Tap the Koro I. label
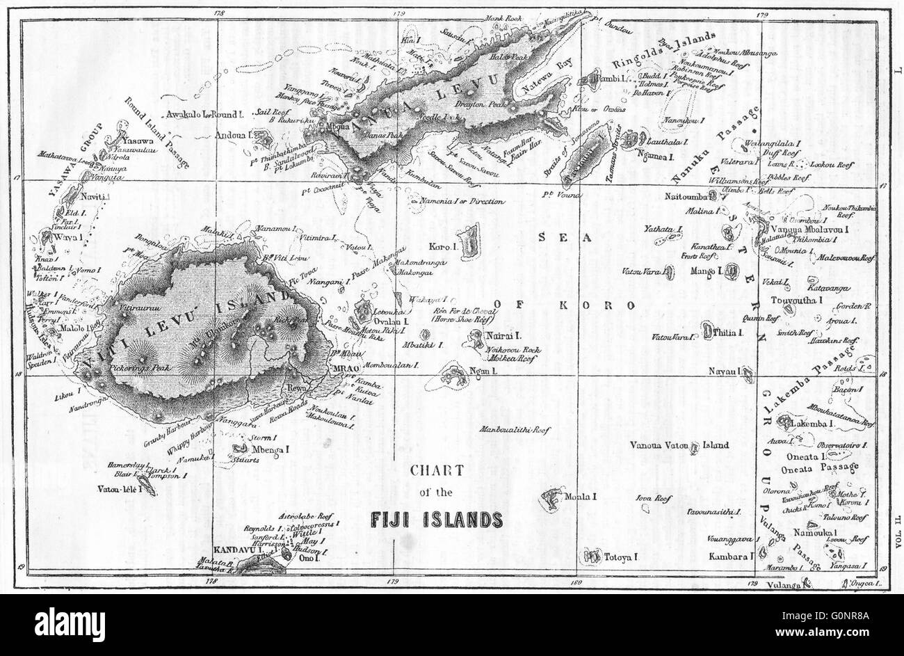(x=442, y=246)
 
